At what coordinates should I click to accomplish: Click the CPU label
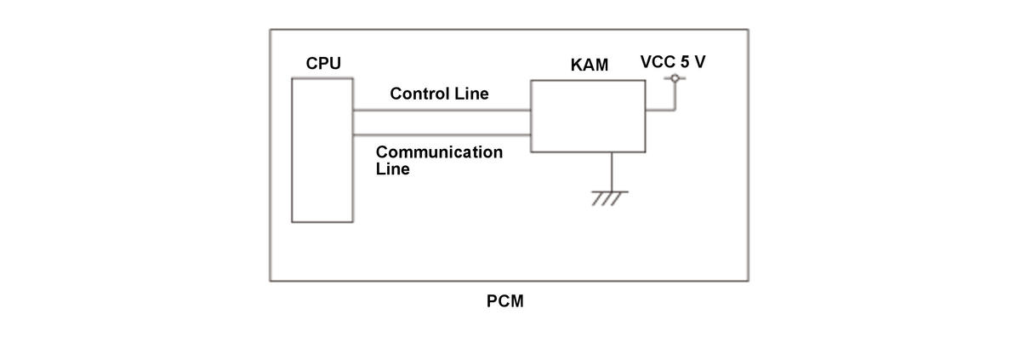point(323,64)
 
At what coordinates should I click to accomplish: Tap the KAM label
point(589,66)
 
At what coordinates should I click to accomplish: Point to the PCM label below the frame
point(504,302)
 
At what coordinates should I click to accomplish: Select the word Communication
point(440,152)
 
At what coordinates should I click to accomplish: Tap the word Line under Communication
point(394,169)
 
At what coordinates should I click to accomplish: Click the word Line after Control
point(472,94)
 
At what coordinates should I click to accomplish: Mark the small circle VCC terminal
point(675,79)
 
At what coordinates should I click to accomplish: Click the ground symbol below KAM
point(610,198)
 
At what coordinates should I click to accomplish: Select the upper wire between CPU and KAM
point(442,110)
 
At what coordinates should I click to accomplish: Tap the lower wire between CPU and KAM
point(442,135)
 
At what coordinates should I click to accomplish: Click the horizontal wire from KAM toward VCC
point(660,110)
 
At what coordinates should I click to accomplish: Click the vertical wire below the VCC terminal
point(675,96)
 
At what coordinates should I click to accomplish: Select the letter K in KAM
point(576,66)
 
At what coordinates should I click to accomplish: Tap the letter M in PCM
point(517,302)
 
